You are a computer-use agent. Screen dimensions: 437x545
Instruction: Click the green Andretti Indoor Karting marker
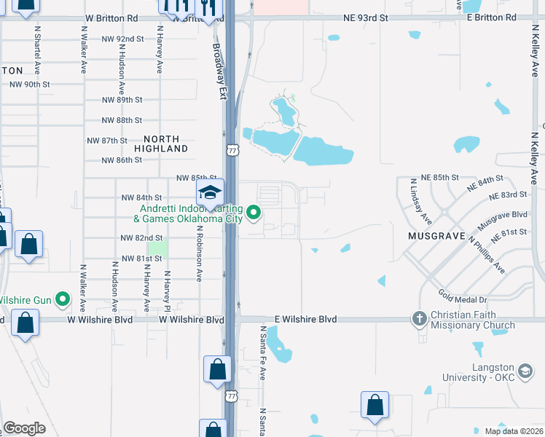point(254,213)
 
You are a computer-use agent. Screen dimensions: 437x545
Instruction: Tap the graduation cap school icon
point(209,192)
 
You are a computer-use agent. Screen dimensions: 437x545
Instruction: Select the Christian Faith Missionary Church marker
point(419,318)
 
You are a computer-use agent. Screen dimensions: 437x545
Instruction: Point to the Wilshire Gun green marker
point(63,299)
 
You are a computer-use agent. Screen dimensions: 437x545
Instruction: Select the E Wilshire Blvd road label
point(306,319)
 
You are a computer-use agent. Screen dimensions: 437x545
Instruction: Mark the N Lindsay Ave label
point(422,201)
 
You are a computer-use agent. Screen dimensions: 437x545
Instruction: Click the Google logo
point(24,428)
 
